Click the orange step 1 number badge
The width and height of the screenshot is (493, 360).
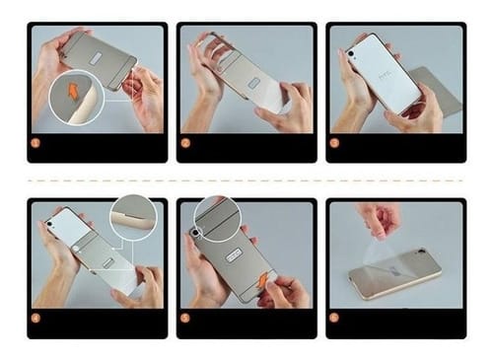(x=36, y=142)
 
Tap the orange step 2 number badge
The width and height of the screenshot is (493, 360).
(x=185, y=142)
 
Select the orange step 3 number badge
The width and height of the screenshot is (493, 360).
(x=334, y=142)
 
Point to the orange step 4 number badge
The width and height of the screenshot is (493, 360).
(x=36, y=318)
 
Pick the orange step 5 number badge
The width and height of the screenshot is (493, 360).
(x=185, y=318)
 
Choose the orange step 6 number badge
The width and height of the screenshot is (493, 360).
(x=334, y=318)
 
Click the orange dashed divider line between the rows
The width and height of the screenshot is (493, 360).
(x=246, y=180)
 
